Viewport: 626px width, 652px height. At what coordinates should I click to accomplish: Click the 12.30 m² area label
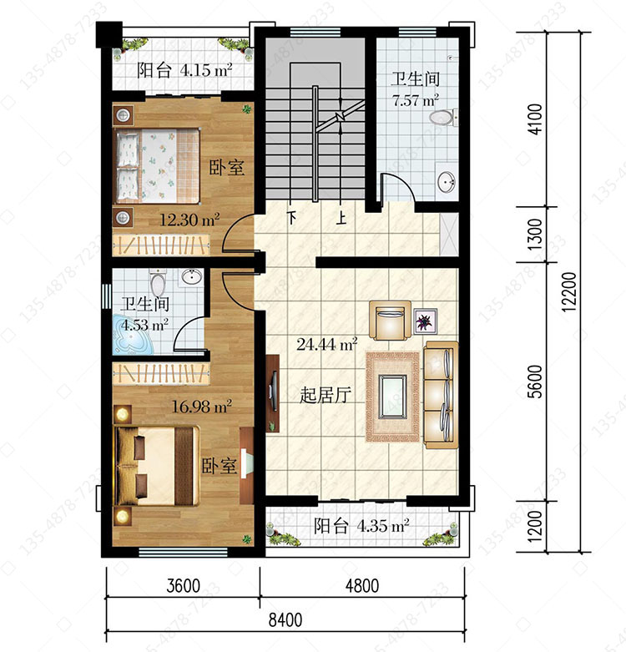pos(189,219)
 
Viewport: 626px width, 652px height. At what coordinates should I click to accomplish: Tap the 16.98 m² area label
pos(202,406)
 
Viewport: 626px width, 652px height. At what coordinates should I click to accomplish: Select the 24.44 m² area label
pos(326,344)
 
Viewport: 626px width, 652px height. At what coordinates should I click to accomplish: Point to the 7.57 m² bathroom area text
pos(416,100)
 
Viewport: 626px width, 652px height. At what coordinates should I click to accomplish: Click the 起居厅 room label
pos(326,395)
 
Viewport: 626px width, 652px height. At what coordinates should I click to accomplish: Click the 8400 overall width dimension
pos(285,620)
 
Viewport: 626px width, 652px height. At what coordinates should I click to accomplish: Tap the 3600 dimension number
pos(184,586)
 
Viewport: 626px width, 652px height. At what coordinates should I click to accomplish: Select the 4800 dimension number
pos(362,586)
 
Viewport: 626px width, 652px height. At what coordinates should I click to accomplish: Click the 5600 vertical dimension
pos(536,382)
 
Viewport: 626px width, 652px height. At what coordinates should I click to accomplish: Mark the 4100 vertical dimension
pos(535,119)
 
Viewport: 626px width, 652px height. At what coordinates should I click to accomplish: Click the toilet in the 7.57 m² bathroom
pos(443,118)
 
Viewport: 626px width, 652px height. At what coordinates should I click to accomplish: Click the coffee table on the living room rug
pos(392,397)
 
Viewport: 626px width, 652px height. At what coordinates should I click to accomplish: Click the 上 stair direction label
pos(341,218)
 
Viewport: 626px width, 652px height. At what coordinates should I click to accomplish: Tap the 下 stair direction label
pos(293,217)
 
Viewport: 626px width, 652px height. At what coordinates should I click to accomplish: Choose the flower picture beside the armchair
pos(425,321)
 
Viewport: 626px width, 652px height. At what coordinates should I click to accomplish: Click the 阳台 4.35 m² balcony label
pos(361,526)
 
